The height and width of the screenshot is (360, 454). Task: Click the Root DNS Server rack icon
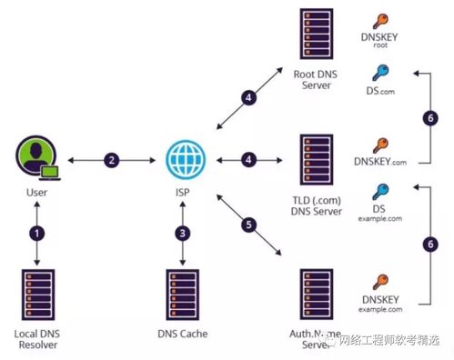[x=316, y=34]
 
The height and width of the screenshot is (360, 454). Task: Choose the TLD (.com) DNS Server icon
[x=316, y=162]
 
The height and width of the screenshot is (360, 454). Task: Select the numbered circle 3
[x=185, y=232]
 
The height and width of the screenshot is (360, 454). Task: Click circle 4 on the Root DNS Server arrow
[x=247, y=97]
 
